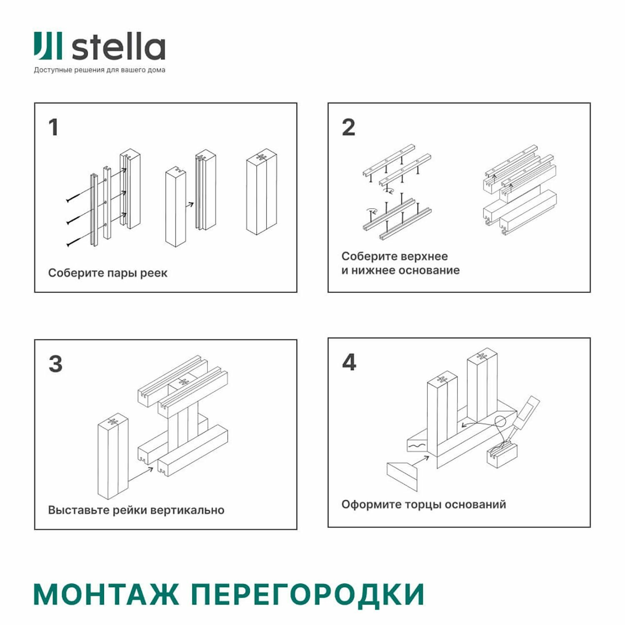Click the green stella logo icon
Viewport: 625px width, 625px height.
click(x=48, y=45)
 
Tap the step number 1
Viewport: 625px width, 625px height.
click(x=53, y=127)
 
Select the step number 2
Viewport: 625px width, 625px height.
click(x=348, y=127)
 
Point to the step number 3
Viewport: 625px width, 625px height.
click(x=55, y=364)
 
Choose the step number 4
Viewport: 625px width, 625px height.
click(x=349, y=362)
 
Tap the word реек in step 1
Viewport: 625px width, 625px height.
click(x=154, y=273)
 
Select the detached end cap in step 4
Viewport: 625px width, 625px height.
click(x=402, y=475)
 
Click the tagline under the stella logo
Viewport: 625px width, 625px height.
click(x=100, y=70)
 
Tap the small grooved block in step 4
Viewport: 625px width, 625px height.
click(x=502, y=456)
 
